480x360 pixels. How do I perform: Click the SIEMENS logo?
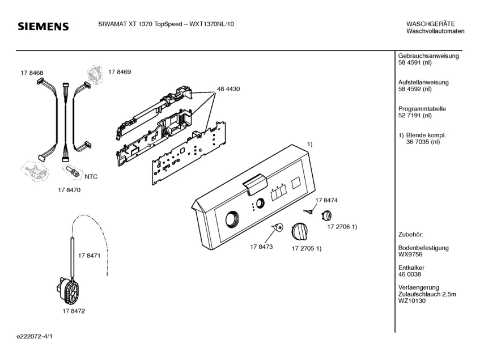tap(43, 27)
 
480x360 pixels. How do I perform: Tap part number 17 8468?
tap(32, 73)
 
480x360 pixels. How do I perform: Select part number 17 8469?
tap(120, 72)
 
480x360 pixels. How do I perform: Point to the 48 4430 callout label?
tap(228, 89)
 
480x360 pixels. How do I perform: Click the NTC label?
tap(91, 176)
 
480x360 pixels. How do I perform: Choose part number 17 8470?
tap(69, 191)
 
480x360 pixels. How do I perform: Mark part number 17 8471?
tap(90, 256)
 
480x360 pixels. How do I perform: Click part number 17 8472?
tap(74, 311)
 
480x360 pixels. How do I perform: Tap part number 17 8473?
tap(261, 247)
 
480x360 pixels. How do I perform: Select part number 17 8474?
tap(326, 201)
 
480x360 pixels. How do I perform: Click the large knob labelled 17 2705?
tap(298, 231)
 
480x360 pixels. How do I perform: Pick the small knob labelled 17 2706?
tap(327, 216)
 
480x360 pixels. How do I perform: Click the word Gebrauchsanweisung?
tap(428, 56)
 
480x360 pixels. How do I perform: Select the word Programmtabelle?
tap(422, 108)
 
